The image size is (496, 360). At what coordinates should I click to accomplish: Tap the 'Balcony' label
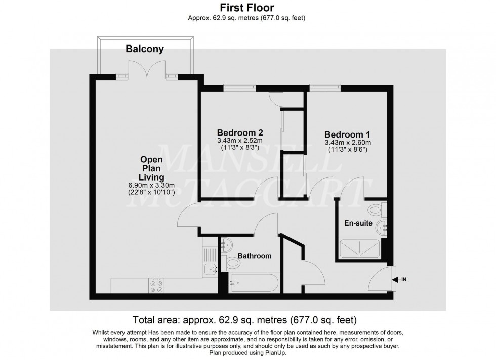tap(145, 49)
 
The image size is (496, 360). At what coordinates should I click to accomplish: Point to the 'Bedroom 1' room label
tap(347, 134)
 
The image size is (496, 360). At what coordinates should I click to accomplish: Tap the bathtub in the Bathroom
tap(253, 283)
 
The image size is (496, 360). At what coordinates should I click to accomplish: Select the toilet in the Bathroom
tap(233, 262)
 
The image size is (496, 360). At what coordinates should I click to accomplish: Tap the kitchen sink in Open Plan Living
tap(210, 269)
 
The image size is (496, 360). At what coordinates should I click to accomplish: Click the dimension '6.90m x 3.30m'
tap(151, 185)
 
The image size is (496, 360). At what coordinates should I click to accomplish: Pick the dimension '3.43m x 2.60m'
tap(347, 143)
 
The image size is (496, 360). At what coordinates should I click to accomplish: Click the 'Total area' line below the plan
tap(244, 320)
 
